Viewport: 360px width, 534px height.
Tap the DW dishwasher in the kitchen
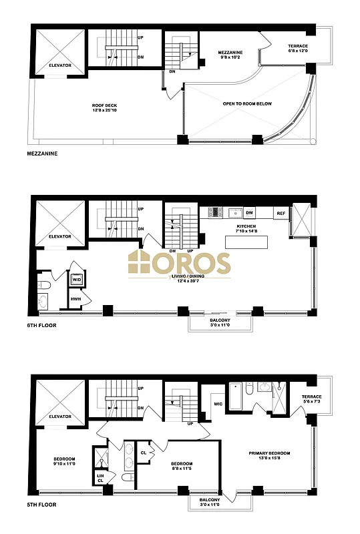click(250, 213)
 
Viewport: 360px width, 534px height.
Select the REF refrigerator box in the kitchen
click(281, 214)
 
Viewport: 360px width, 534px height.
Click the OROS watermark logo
click(180, 263)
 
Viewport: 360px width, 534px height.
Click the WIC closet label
click(216, 403)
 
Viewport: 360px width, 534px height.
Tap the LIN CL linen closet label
click(100, 477)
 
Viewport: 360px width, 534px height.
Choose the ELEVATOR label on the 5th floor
click(59, 417)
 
